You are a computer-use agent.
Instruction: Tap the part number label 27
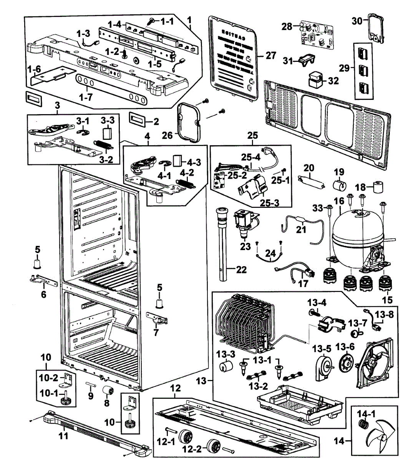click(270, 56)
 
